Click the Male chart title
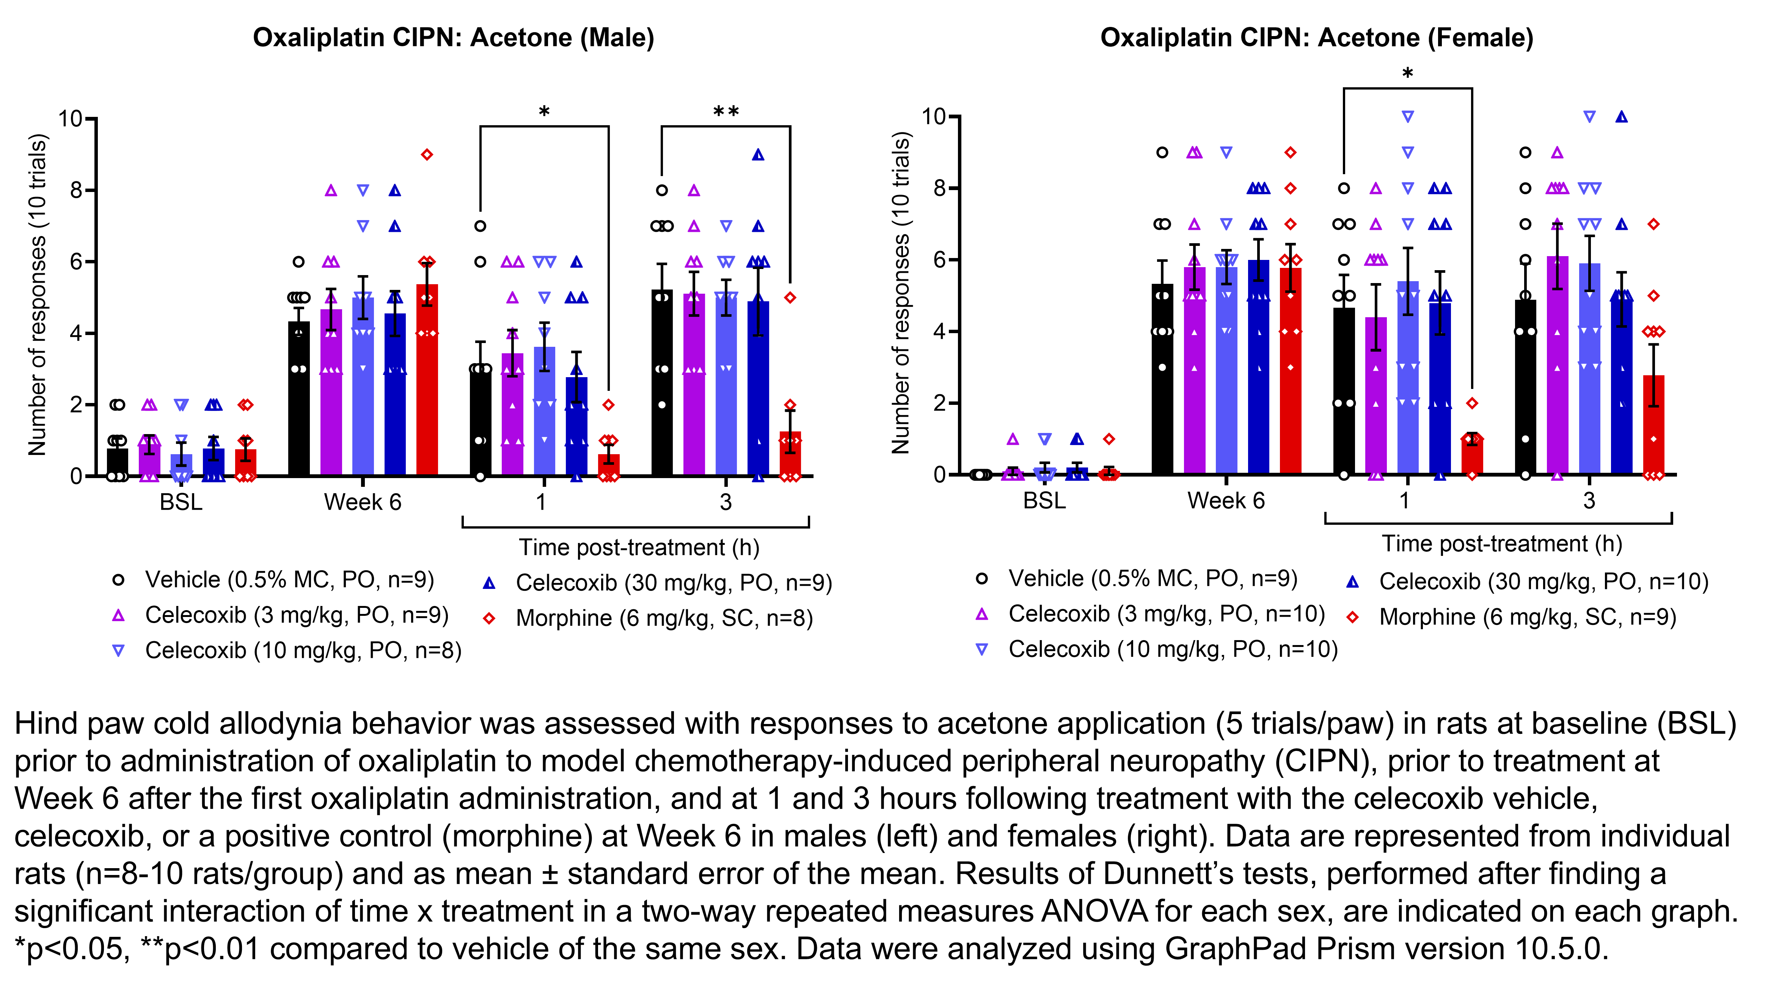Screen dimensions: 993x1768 tap(453, 38)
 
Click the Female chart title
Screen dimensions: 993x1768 tap(1316, 38)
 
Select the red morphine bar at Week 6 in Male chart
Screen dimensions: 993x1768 tap(427, 384)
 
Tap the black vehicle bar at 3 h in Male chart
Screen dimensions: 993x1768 tap(662, 384)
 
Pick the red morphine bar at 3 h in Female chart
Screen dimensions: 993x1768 tap(1653, 426)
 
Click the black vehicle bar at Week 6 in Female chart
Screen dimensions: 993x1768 tap(1162, 384)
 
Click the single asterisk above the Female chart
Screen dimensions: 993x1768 tap(1407, 74)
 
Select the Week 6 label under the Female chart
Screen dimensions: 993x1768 tap(1226, 500)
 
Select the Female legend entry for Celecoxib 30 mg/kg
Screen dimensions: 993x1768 tap(1543, 582)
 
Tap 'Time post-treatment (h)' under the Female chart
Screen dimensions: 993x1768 tap(1502, 544)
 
